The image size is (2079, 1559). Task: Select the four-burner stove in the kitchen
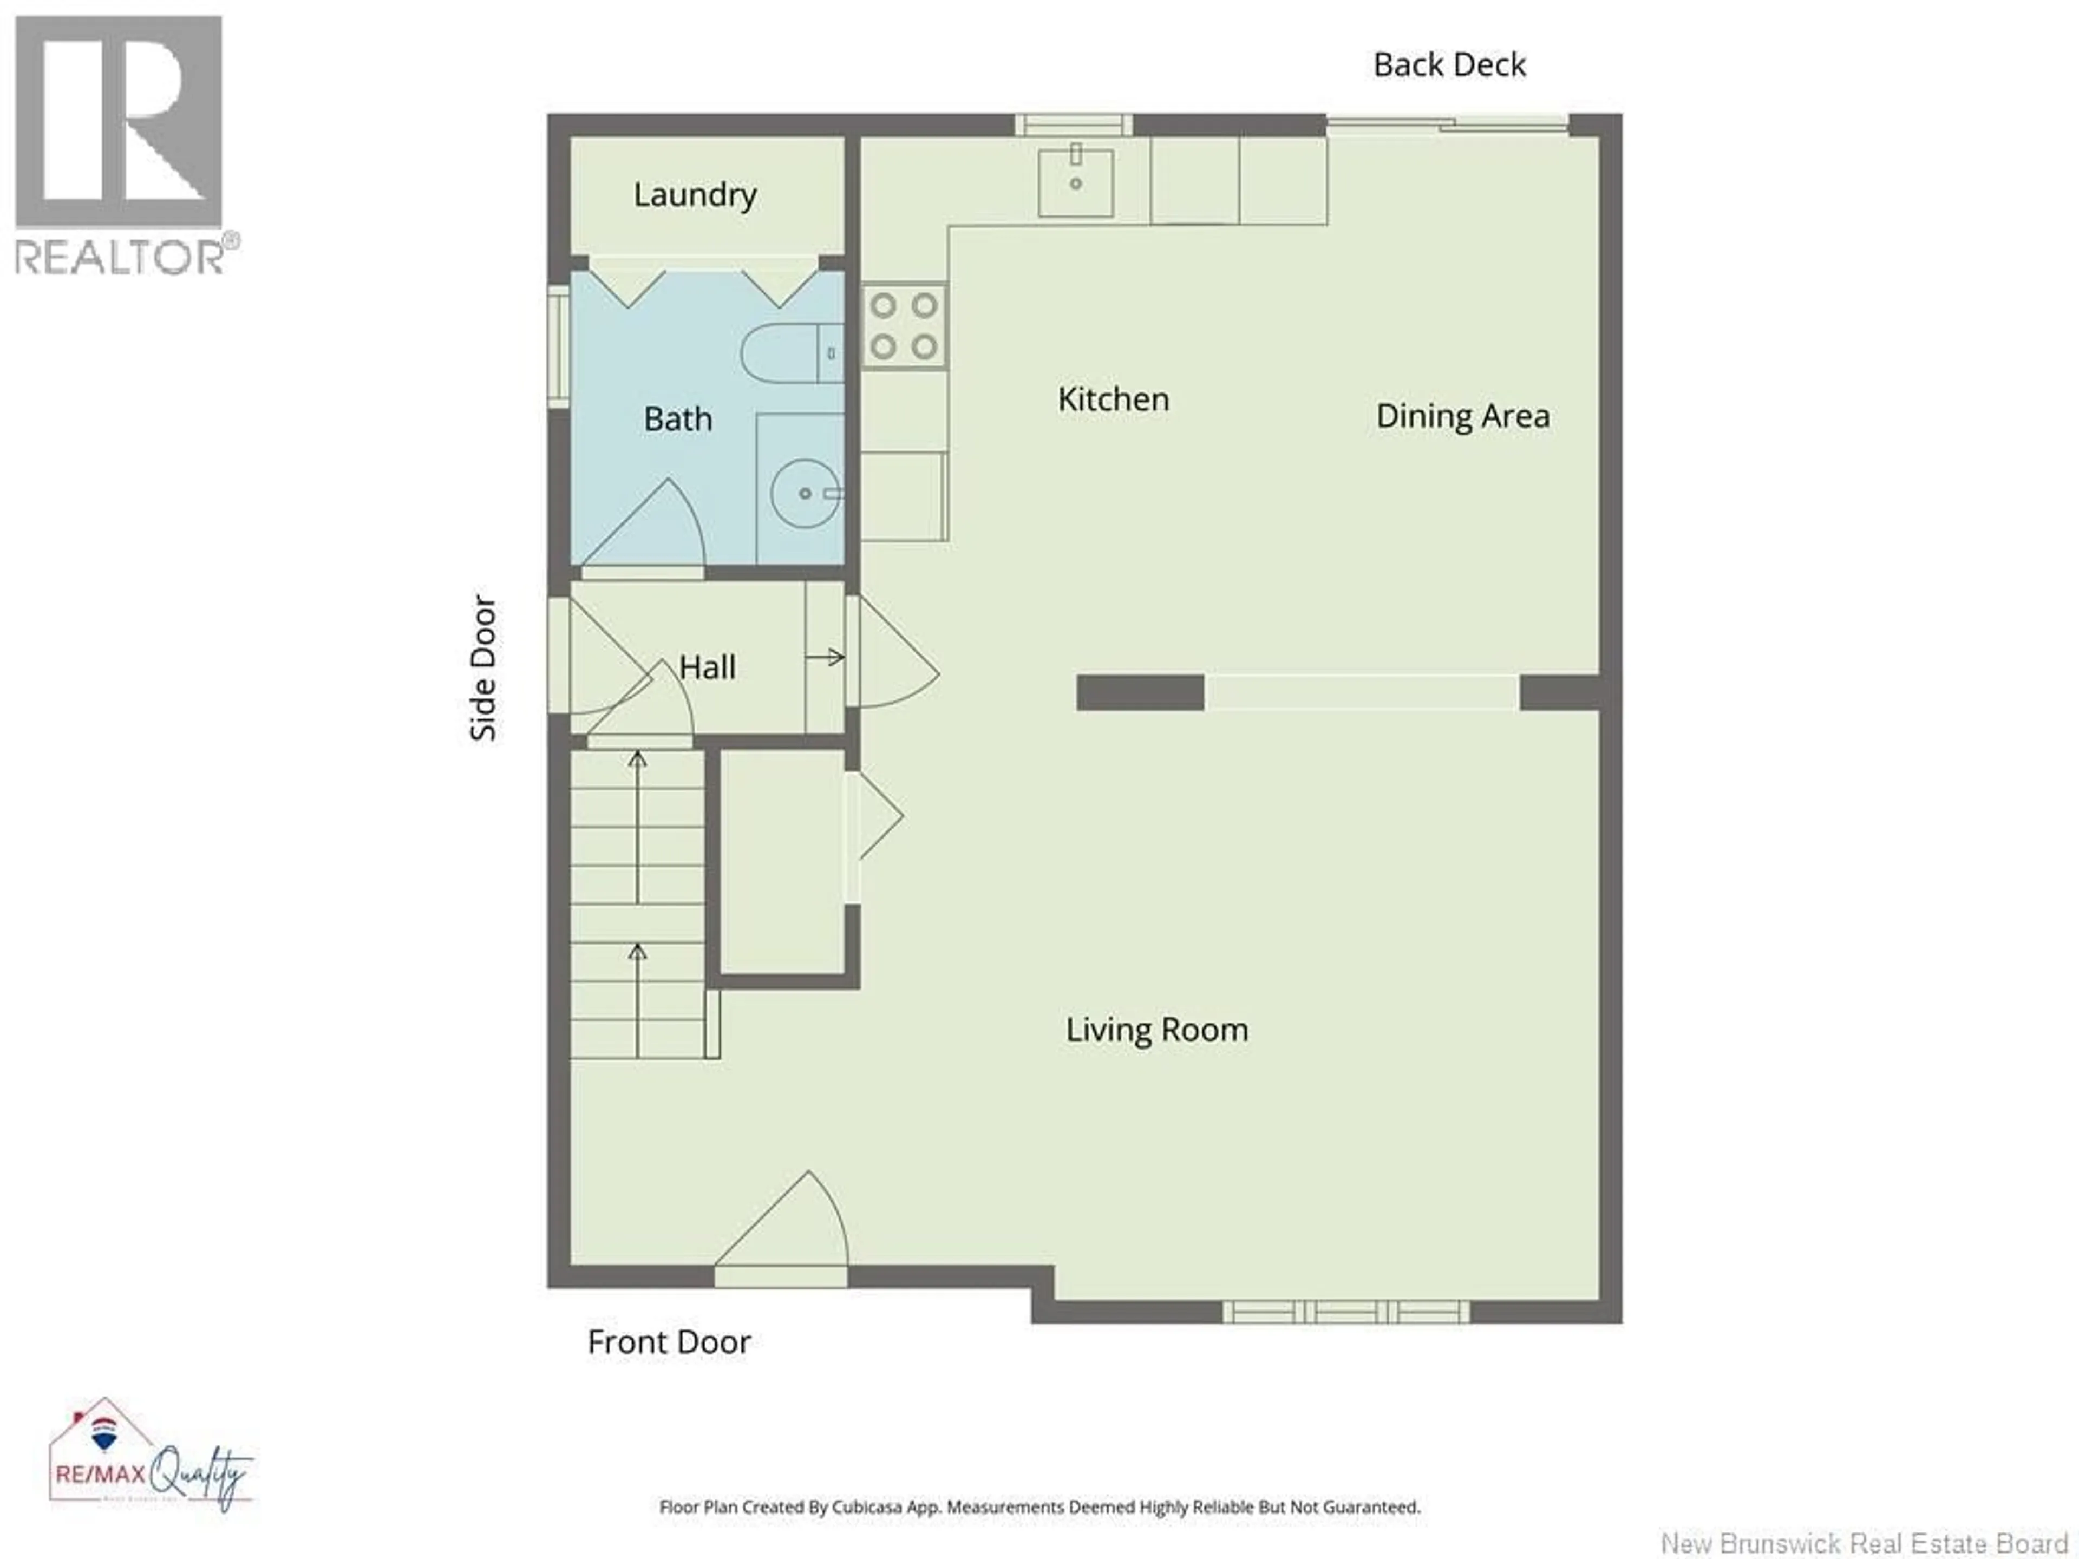coord(903,326)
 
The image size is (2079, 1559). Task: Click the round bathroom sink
coord(805,493)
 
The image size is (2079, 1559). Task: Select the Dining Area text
coord(1462,416)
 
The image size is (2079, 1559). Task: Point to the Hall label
coord(707,668)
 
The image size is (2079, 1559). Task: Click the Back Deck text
coord(1449,65)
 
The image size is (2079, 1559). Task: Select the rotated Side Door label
coord(483,668)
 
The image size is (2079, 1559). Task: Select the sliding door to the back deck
coord(1447,123)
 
